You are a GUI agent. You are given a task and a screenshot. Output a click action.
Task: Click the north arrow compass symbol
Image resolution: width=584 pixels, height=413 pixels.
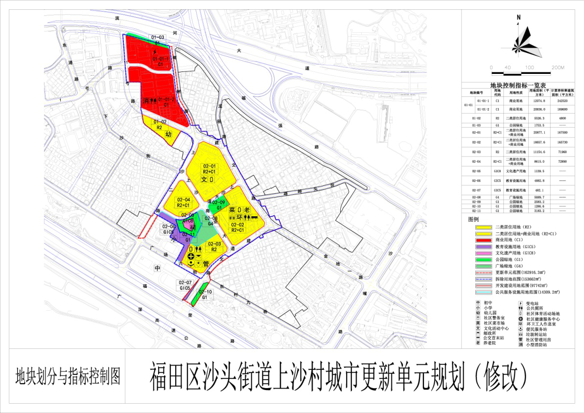521,37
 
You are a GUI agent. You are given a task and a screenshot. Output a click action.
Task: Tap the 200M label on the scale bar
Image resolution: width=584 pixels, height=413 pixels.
558,67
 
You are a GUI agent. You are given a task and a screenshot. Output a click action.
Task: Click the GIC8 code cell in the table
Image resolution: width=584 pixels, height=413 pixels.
497,171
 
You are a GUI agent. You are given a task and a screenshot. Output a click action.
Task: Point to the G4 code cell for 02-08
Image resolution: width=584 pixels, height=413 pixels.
497,197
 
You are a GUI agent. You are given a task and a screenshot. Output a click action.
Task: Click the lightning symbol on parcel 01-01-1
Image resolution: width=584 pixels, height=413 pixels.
155,51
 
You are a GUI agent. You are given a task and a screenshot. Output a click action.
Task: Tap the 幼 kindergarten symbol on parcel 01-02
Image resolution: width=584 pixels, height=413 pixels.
168,134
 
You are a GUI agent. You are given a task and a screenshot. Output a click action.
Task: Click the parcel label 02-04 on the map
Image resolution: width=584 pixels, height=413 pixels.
184,200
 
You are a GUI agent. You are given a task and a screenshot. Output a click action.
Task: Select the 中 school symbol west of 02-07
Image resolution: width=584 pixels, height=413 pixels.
157,269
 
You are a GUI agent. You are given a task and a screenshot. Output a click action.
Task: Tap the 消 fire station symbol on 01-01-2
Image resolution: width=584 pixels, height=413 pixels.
145,100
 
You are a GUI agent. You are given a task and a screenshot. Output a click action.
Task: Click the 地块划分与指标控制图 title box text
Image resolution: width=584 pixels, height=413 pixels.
68,376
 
